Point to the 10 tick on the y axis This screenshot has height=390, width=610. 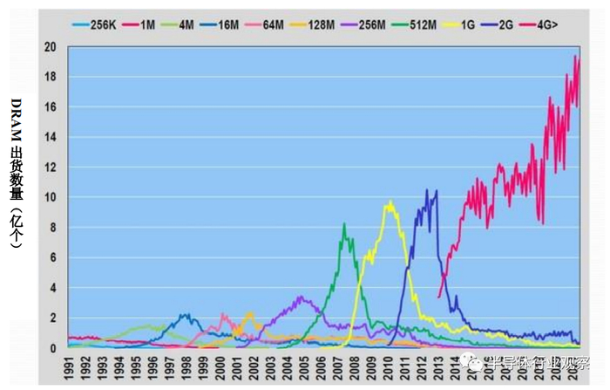(52, 197)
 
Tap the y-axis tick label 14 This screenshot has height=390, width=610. (52, 137)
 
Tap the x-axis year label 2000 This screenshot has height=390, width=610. (220, 366)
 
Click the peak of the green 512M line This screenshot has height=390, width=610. (344, 224)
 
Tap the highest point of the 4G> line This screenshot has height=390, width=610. (575, 57)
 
